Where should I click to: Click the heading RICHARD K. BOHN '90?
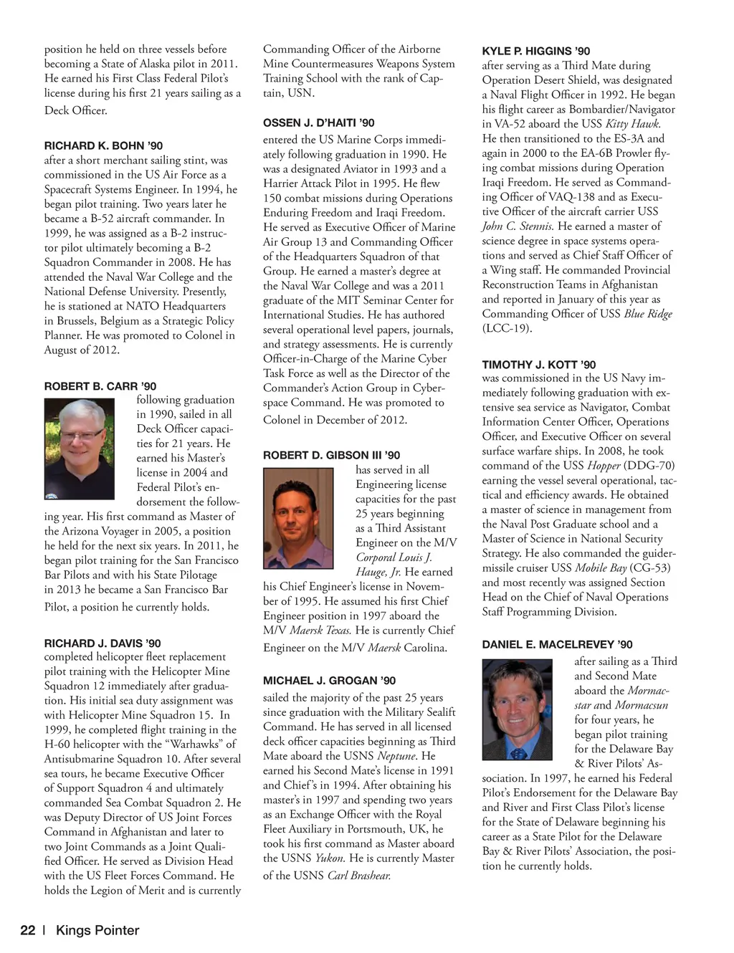pyautogui.click(x=103, y=146)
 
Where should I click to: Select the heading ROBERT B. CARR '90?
pyautogui.click(x=100, y=386)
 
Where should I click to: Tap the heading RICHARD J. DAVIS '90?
pyautogui.click(x=103, y=643)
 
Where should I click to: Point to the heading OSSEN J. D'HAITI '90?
pyautogui.click(x=318, y=123)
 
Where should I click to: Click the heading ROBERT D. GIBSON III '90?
pyautogui.click(x=331, y=455)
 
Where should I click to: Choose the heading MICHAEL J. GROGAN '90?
pyautogui.click(x=329, y=680)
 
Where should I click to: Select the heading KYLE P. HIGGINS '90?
pyautogui.click(x=536, y=51)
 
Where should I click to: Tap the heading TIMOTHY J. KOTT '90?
pyautogui.click(x=539, y=365)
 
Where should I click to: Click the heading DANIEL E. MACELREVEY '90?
pyautogui.click(x=557, y=644)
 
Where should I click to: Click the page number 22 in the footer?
pyautogui.click(x=27, y=931)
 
